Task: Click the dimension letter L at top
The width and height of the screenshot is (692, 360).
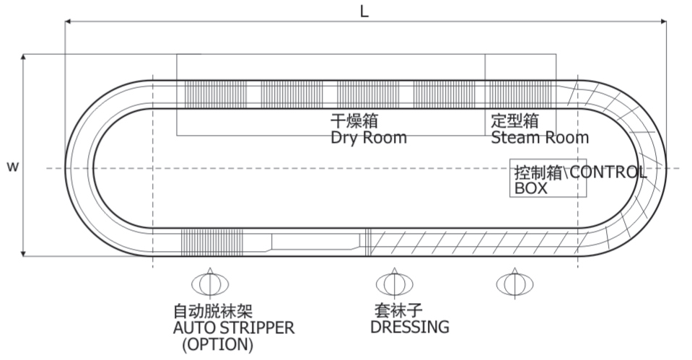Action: click(x=364, y=12)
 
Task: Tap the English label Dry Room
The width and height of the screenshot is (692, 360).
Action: click(x=368, y=137)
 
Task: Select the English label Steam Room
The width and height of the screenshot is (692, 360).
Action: click(x=539, y=137)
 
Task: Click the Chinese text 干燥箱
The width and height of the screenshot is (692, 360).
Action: click(x=354, y=120)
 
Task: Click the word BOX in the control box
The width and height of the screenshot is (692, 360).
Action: click(x=531, y=188)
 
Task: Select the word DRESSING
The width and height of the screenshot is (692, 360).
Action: click(x=409, y=327)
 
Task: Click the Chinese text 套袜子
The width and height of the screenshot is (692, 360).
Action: click(x=397, y=311)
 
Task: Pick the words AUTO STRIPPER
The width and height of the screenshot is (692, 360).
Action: click(x=234, y=328)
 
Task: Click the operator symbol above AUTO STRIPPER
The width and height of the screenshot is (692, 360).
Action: click(x=209, y=284)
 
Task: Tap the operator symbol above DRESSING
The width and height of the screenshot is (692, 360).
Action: click(x=394, y=284)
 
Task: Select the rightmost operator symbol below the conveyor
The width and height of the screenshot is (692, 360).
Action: click(x=514, y=284)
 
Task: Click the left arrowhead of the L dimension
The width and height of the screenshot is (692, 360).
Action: click(x=69, y=22)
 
